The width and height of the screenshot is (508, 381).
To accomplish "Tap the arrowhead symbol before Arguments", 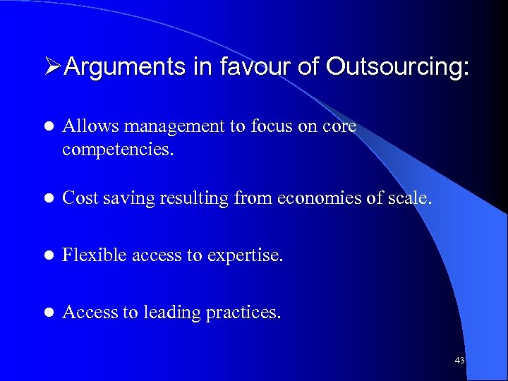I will pyautogui.click(x=53, y=68).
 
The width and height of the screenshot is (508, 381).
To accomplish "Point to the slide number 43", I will pyautogui.click(x=459, y=361).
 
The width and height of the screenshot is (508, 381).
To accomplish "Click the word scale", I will pyautogui.click(x=409, y=199).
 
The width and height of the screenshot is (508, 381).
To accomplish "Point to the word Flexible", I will pyautogui.click(x=89, y=255).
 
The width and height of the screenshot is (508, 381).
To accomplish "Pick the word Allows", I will pyautogui.click(x=84, y=127).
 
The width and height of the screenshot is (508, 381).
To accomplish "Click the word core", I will pyautogui.click(x=341, y=127).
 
